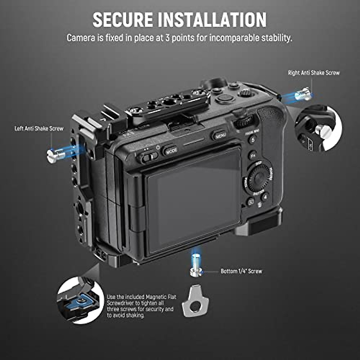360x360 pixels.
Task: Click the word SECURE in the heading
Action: (123, 20)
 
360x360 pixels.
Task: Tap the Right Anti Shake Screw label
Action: (314, 73)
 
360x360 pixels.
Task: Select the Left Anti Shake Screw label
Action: (39, 129)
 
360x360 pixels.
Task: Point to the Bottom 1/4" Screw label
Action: (241, 271)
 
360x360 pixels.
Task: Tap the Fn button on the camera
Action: (253, 155)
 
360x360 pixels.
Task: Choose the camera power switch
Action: (149, 157)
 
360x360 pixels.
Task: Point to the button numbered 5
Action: (253, 139)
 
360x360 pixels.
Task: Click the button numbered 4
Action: (264, 197)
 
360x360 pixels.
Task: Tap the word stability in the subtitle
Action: (273, 38)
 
